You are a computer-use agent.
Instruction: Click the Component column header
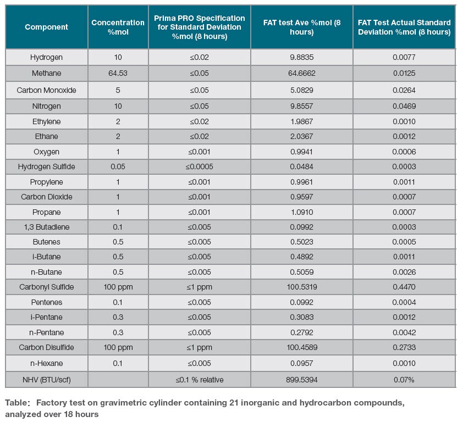(x=46, y=27)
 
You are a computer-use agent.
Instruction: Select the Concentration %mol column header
(x=118, y=27)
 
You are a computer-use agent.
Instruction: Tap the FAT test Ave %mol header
(x=302, y=27)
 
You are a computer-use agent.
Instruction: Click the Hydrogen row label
(x=46, y=57)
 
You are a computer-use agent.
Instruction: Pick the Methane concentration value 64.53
(x=118, y=73)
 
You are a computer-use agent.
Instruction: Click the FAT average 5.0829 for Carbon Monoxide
(x=302, y=90)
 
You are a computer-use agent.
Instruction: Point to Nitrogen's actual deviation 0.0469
(x=404, y=106)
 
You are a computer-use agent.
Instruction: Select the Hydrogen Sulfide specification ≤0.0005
(x=199, y=166)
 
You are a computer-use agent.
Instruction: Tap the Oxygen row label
(x=46, y=152)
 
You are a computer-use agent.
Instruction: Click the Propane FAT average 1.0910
(x=302, y=212)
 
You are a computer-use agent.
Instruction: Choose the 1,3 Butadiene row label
(x=47, y=227)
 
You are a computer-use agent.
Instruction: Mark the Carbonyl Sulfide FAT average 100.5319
(x=302, y=287)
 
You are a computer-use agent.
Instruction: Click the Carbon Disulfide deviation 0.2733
(x=404, y=347)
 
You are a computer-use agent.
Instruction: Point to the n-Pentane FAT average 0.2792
(x=302, y=332)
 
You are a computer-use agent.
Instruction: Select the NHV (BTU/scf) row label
(x=47, y=380)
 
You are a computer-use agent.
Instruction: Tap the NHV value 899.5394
(x=302, y=380)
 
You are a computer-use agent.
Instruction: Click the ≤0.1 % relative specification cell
(x=199, y=380)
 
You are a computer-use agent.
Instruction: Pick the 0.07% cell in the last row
(x=404, y=380)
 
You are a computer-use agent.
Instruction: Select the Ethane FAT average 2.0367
(x=302, y=137)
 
